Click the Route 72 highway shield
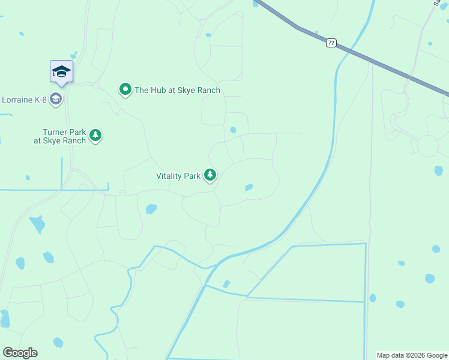click(x=331, y=43)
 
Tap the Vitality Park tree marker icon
click(x=210, y=175)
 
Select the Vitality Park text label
click(x=178, y=176)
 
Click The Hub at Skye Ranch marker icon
click(x=125, y=90)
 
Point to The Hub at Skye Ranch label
click(x=178, y=90)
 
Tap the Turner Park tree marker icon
click(x=95, y=136)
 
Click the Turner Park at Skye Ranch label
click(x=60, y=136)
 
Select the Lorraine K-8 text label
click(x=24, y=99)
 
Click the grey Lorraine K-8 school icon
click(x=56, y=99)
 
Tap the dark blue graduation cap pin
click(x=61, y=71)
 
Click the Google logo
click(x=20, y=353)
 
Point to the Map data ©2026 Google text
click(x=412, y=355)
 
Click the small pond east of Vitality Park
click(x=249, y=187)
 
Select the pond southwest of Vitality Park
click(x=151, y=209)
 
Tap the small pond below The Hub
click(x=233, y=130)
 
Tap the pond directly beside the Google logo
click(x=58, y=343)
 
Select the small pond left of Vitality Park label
click(x=28, y=178)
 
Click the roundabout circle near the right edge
click(x=428, y=146)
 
